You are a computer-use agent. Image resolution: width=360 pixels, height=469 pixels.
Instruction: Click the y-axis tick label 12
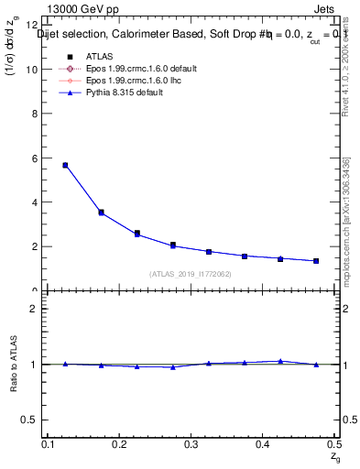pyautogui.click(x=32, y=25)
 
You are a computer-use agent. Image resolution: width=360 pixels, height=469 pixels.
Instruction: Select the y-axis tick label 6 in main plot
pyautogui.click(x=35, y=158)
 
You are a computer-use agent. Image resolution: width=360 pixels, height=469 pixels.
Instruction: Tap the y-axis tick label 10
pyautogui.click(x=32, y=69)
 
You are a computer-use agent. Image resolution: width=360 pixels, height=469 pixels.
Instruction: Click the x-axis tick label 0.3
pyautogui.click(x=191, y=444)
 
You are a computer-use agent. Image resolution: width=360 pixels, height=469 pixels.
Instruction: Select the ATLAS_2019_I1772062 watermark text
pyautogui.click(x=190, y=273)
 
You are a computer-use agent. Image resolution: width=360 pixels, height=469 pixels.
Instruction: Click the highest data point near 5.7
pyautogui.click(x=65, y=165)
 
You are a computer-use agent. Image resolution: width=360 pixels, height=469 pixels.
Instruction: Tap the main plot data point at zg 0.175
pyautogui.click(x=101, y=213)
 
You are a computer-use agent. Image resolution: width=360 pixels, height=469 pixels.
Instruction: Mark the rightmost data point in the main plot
pyautogui.click(x=316, y=261)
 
